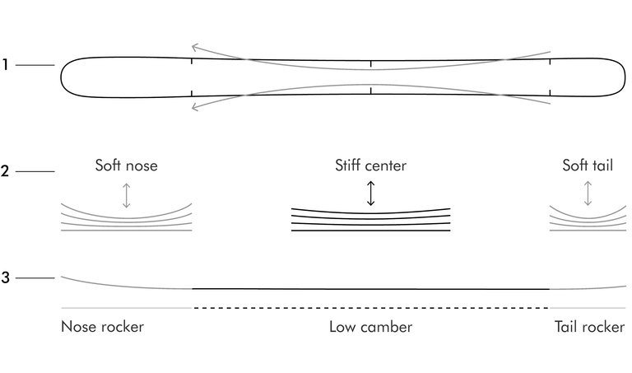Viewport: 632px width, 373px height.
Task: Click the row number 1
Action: tap(5, 64)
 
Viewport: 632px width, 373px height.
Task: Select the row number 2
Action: tap(5, 171)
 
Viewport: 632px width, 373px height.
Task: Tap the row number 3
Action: tap(5, 277)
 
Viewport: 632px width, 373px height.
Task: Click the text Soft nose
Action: tap(126, 166)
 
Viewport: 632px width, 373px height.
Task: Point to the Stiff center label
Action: tap(371, 166)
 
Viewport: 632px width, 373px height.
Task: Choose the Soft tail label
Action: tap(588, 166)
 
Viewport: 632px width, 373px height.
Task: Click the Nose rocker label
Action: tap(102, 327)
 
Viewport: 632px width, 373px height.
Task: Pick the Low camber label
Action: tap(371, 327)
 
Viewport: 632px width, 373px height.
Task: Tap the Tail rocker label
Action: tap(590, 327)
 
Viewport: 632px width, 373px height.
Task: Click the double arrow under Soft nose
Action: tap(127, 196)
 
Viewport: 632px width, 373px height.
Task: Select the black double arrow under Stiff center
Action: tap(371, 193)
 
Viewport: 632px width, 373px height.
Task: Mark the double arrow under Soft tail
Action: tap(588, 193)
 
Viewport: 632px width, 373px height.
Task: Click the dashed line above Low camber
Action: tap(371, 308)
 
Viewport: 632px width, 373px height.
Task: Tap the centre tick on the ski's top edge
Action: tap(371, 63)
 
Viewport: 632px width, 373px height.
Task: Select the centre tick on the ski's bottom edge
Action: tap(371, 91)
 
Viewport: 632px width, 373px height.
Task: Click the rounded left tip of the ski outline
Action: tap(61, 77)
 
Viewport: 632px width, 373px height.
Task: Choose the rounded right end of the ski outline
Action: tap(625, 77)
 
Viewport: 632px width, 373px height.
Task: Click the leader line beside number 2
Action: tap(35, 171)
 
